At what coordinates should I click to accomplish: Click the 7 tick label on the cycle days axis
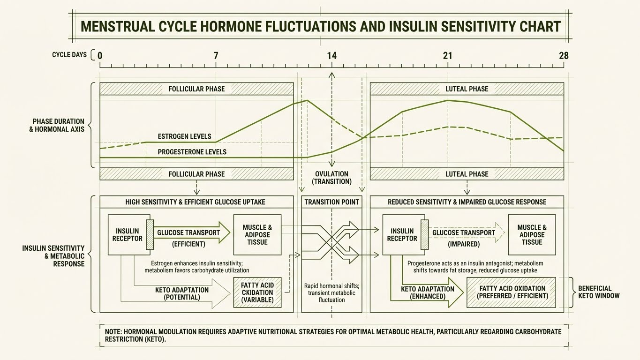click(x=216, y=56)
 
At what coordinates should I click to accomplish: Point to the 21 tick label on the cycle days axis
click(x=448, y=56)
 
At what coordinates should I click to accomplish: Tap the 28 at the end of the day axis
click(x=564, y=56)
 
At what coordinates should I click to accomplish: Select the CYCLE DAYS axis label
click(x=69, y=55)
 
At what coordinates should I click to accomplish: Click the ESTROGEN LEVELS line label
click(x=184, y=136)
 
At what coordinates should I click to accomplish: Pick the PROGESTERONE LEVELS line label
click(x=192, y=152)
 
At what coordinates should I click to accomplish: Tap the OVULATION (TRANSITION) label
click(x=331, y=178)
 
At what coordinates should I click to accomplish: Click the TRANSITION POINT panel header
click(x=331, y=202)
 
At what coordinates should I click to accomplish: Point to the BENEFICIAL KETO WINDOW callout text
click(x=599, y=292)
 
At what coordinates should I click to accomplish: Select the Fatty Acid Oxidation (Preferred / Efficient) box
click(x=511, y=292)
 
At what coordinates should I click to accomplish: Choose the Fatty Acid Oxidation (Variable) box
click(x=257, y=292)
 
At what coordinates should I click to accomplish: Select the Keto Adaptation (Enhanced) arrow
click(x=427, y=292)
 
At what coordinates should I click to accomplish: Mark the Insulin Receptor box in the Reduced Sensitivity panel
click(x=402, y=235)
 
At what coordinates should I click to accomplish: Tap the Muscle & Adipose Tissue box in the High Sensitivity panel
click(x=257, y=235)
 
